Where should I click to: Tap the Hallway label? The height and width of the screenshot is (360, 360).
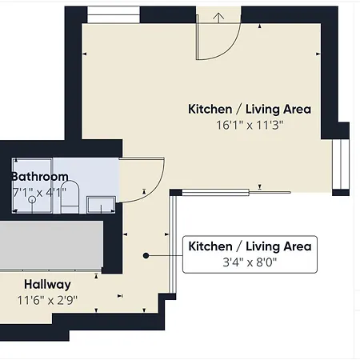(47, 285)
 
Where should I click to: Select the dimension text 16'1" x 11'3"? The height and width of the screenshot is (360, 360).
(250, 125)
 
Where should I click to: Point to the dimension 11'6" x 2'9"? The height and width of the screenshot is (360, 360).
(47, 301)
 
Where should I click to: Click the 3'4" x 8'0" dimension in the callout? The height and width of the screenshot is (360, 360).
(249, 262)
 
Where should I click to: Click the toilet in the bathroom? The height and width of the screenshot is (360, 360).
(69, 197)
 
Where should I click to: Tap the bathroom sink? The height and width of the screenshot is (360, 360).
(99, 203)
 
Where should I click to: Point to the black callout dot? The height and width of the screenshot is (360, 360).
(146, 255)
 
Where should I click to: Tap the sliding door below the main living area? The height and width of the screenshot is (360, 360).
(232, 191)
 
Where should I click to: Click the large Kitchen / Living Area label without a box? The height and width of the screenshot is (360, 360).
(250, 109)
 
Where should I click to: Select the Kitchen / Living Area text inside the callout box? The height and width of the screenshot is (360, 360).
(249, 246)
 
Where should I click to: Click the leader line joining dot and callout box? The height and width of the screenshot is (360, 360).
(166, 255)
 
